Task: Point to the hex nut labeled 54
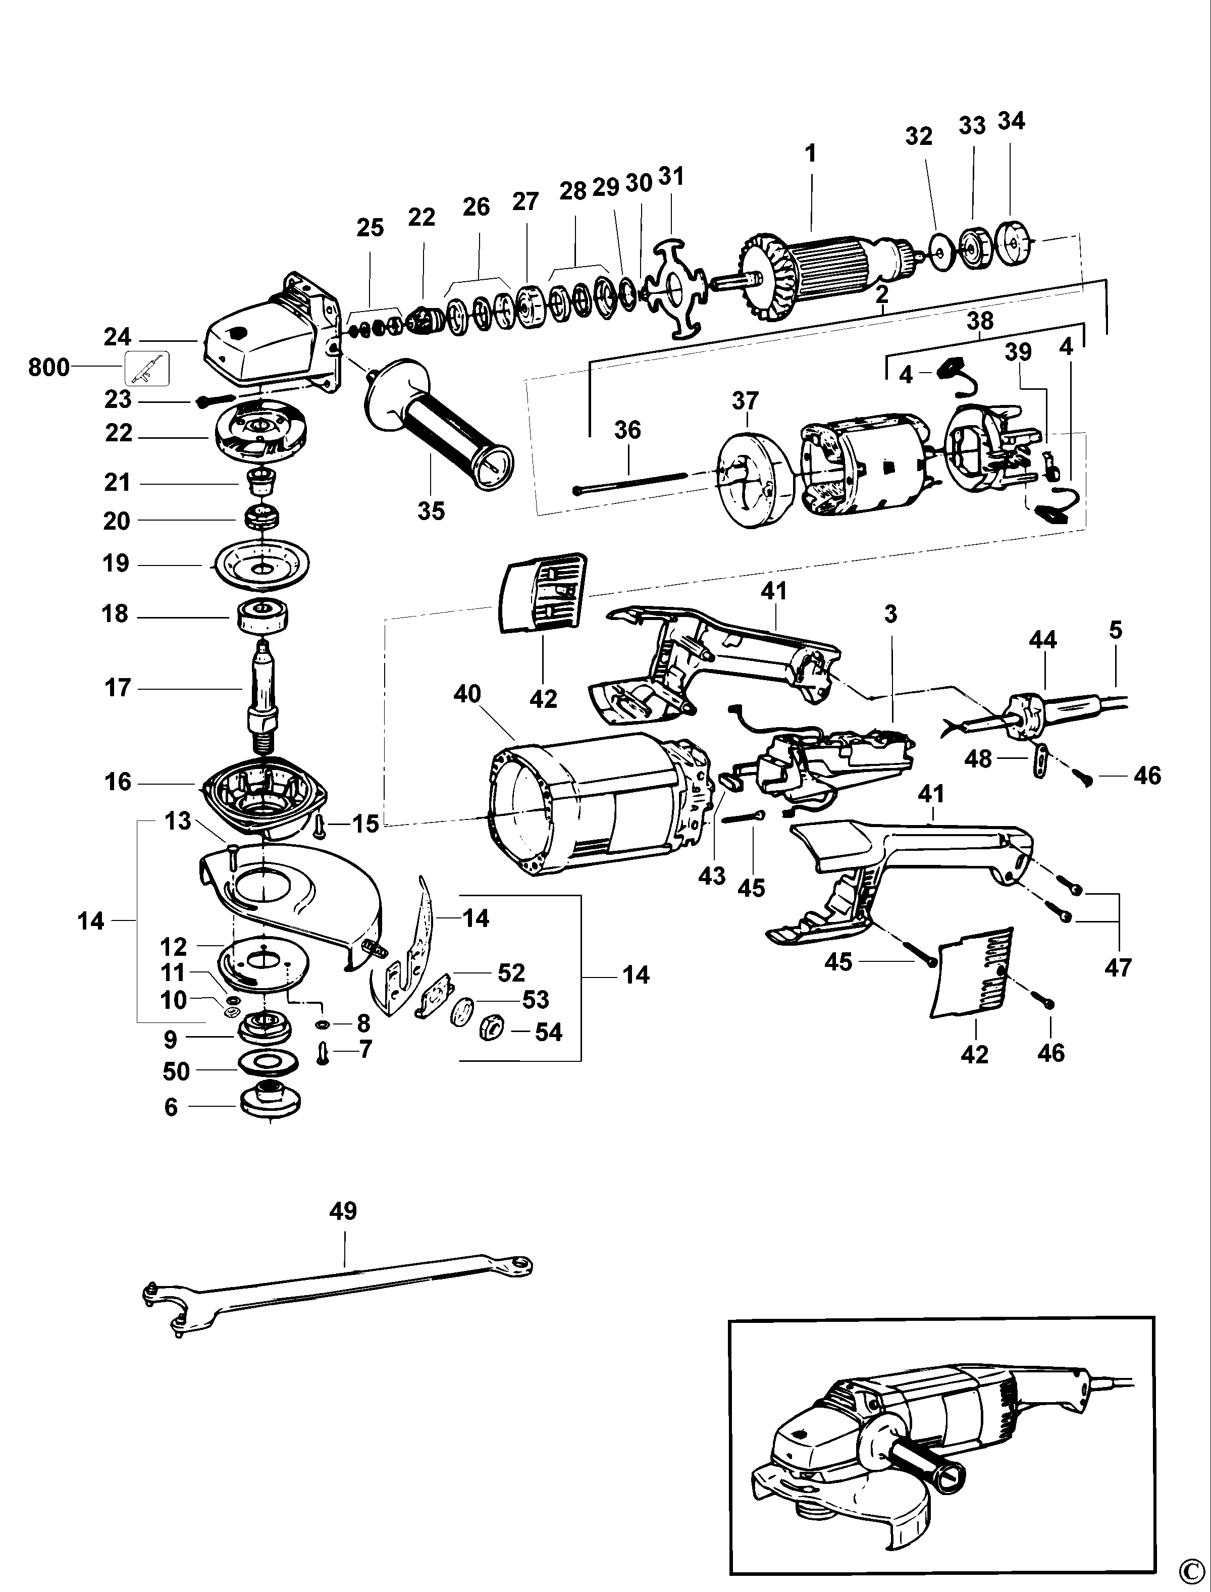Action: [x=490, y=1031]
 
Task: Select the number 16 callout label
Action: [x=118, y=782]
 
